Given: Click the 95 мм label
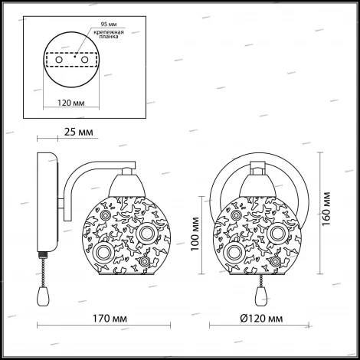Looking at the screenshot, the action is tap(109, 25).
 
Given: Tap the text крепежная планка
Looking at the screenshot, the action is tap(109, 34).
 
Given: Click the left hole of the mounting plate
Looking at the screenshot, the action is tap(59, 60).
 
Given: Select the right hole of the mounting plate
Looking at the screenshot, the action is tap(84, 60).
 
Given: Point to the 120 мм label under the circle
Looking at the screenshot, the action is tap(71, 103).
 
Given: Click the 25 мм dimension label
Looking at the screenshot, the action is tap(78, 133).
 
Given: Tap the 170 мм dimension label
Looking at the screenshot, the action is tap(110, 319).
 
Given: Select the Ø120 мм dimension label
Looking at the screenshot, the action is tap(262, 319).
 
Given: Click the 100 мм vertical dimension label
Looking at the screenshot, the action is tap(195, 234).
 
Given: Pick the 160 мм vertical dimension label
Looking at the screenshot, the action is tap(326, 209).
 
